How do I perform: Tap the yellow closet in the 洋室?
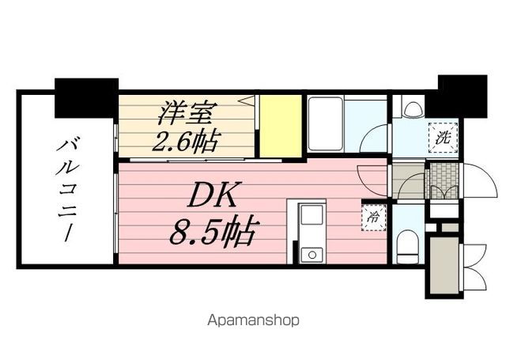281,125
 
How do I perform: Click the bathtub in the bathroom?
324,123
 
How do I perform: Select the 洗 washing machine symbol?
443,136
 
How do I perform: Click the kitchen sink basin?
310,216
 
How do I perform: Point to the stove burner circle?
310,255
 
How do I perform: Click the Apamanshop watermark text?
253,320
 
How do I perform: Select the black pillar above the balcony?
86,97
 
